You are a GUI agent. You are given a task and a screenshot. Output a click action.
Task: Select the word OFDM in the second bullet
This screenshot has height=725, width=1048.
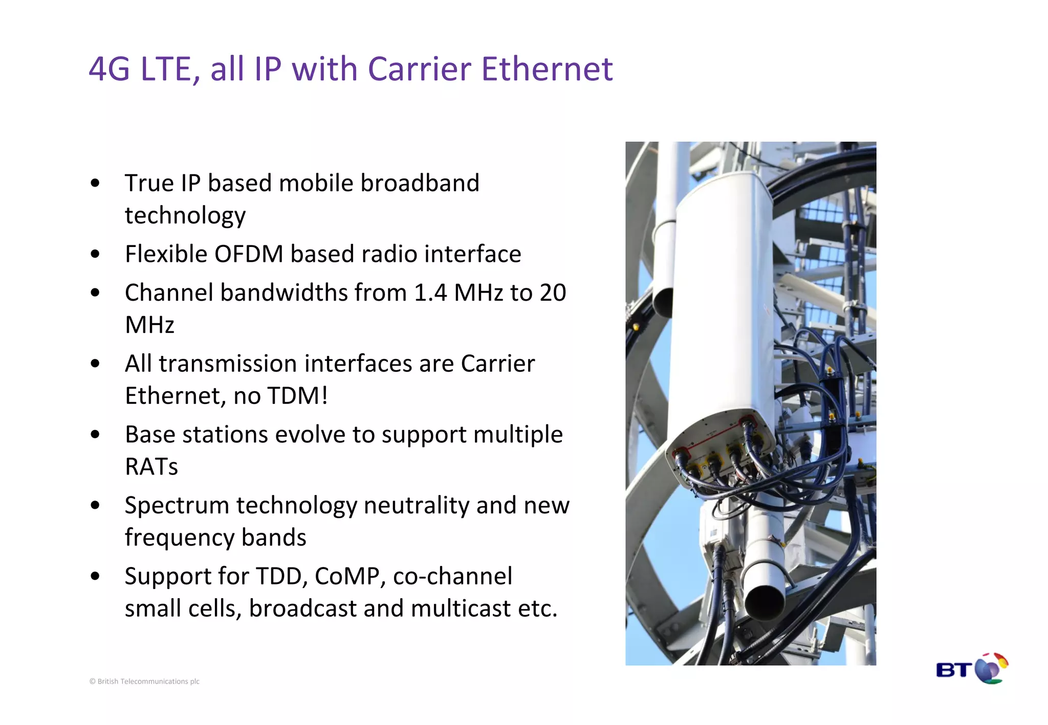click(x=248, y=254)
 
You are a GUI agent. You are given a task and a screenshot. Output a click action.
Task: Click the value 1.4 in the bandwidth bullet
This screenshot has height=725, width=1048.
click(x=430, y=293)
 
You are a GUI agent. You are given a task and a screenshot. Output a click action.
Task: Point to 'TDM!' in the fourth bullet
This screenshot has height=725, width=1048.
click(x=297, y=396)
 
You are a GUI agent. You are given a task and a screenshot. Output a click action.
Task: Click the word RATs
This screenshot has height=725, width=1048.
click(x=151, y=467)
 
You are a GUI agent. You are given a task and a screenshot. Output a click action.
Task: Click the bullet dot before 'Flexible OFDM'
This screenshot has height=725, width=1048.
click(x=95, y=254)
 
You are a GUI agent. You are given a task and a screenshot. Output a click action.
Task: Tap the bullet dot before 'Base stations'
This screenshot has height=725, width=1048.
click(x=95, y=435)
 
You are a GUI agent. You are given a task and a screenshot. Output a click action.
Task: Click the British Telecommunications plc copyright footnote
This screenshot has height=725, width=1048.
click(x=144, y=682)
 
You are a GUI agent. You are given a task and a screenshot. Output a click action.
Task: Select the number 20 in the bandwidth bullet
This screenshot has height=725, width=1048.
click(x=553, y=293)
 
